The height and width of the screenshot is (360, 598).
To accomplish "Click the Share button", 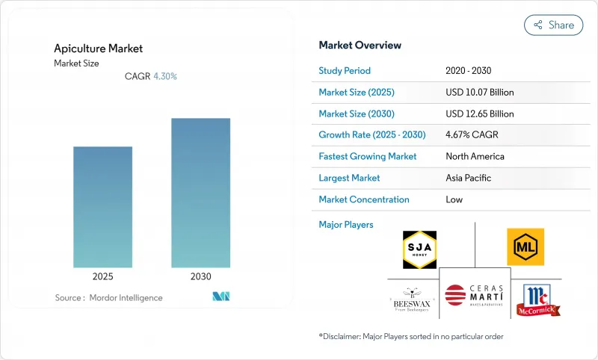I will [553, 25].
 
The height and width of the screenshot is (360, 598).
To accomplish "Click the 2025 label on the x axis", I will [102, 276].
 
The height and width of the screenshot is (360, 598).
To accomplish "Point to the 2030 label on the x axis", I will [200, 276].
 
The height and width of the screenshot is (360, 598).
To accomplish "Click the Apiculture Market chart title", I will [98, 49].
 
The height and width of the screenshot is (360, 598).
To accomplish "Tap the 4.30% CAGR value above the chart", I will [165, 76].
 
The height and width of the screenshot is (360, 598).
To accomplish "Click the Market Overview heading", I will [360, 46].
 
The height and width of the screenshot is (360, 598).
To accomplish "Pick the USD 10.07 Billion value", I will [479, 93].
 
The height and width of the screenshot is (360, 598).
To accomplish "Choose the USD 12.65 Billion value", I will [479, 114].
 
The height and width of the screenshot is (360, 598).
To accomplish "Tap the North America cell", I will [475, 157].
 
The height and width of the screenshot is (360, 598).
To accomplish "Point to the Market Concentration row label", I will [364, 200].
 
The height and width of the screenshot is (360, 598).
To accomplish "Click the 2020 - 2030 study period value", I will [469, 71].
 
